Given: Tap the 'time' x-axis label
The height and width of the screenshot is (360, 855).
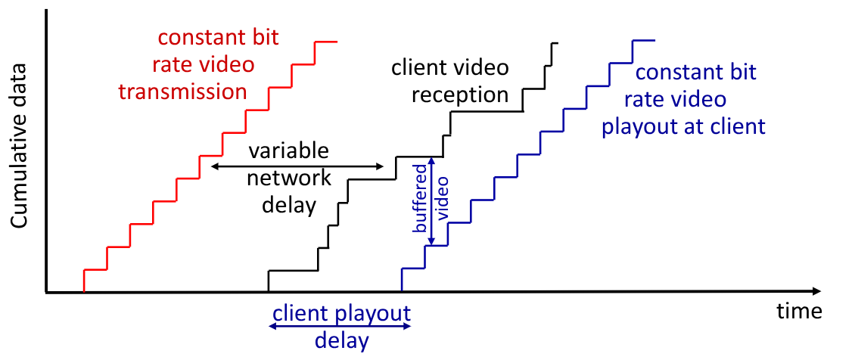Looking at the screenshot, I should [798, 311].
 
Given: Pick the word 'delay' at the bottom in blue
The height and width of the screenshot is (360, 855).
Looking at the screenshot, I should [341, 340].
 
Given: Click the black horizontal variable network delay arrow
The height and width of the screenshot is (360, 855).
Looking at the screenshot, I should [298, 166].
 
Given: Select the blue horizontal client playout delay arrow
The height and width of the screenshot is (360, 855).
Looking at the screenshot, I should [340, 326].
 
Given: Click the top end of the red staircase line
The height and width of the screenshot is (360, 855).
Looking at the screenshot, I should [335, 42].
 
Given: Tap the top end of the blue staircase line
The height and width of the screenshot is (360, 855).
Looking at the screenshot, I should [654, 40].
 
